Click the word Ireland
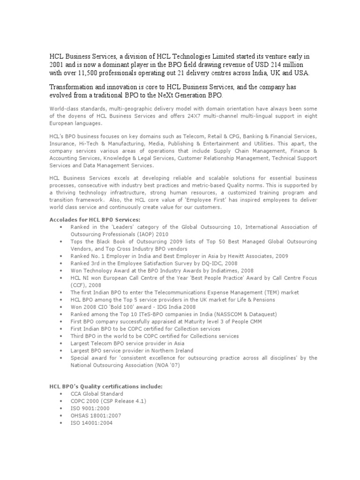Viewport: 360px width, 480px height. coord(182,351)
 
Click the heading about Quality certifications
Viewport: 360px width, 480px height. coord(105,387)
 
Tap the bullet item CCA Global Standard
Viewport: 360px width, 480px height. coord(97,394)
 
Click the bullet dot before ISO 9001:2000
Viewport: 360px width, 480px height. coord(61,409)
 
